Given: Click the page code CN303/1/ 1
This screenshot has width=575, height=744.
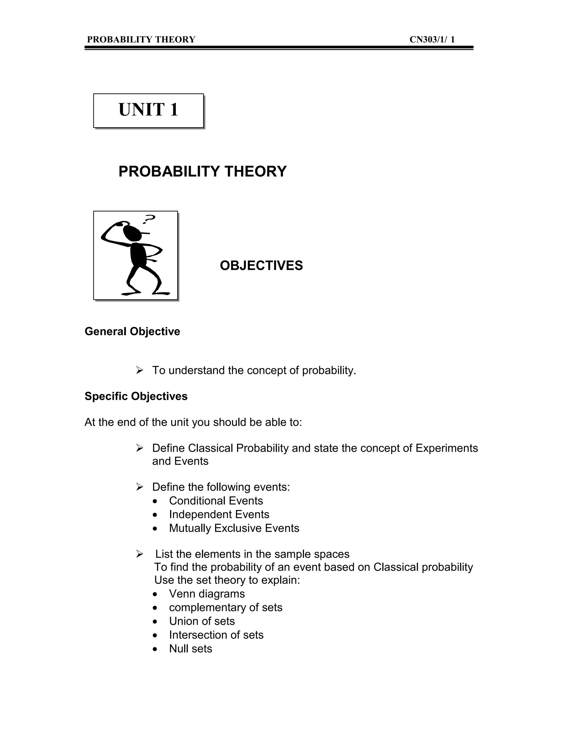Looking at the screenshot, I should tap(432, 40).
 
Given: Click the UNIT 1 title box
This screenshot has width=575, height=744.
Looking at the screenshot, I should tap(149, 110).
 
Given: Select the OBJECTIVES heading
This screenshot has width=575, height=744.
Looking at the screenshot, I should tap(261, 266).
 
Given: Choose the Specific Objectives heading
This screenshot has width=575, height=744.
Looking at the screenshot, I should tap(136, 396).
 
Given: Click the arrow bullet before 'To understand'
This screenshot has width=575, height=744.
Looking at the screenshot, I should tap(139, 370).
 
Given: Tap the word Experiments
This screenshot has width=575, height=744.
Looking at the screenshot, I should tap(447, 448).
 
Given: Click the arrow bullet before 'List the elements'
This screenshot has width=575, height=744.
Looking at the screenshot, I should tap(139, 554).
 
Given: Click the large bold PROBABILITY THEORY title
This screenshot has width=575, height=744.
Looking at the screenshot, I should tap(202, 171).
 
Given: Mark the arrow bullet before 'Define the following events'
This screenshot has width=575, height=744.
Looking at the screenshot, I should tap(139, 487).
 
